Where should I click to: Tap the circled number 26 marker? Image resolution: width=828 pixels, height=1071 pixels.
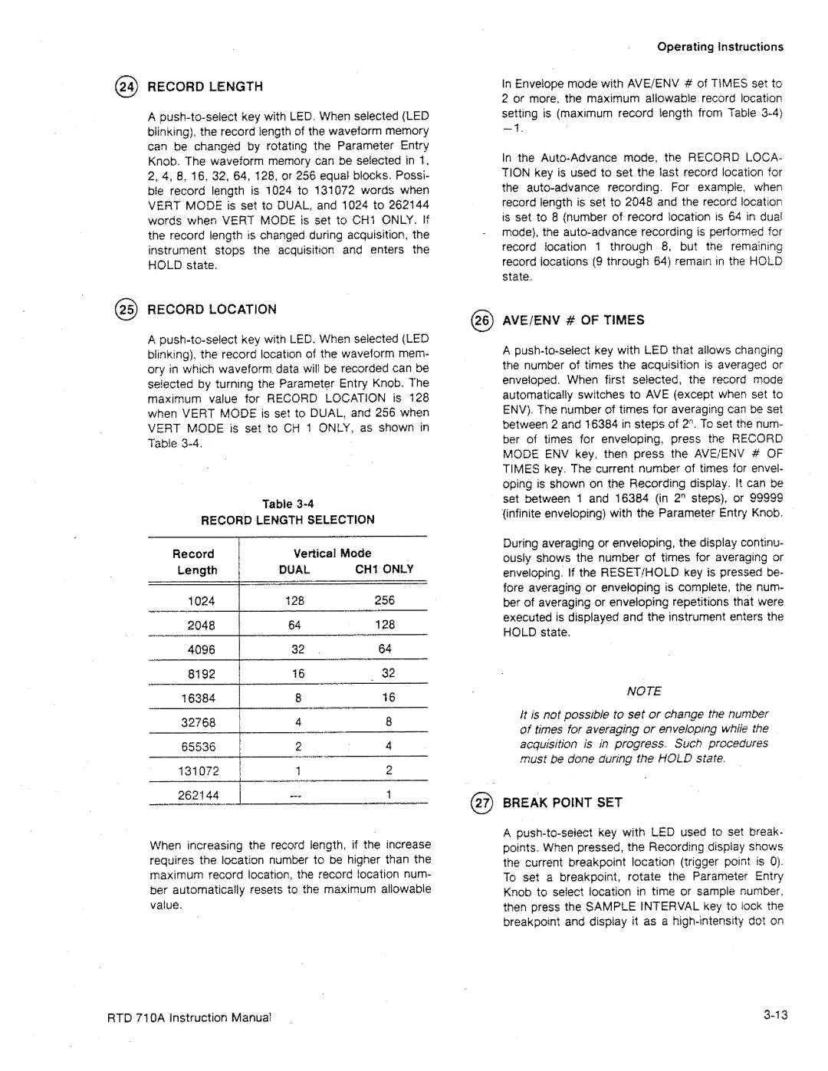486,320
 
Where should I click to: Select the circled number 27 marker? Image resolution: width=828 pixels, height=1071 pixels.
486,803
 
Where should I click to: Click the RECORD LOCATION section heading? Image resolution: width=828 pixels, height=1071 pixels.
212,310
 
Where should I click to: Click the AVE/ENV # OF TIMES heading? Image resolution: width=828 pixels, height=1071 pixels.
573,320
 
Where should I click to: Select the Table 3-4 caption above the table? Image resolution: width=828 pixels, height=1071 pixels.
287,504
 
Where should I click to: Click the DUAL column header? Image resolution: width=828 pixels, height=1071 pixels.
294,570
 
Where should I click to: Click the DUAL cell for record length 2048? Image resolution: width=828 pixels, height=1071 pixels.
295,626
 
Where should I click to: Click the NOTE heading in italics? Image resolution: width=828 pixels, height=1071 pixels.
644,691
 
